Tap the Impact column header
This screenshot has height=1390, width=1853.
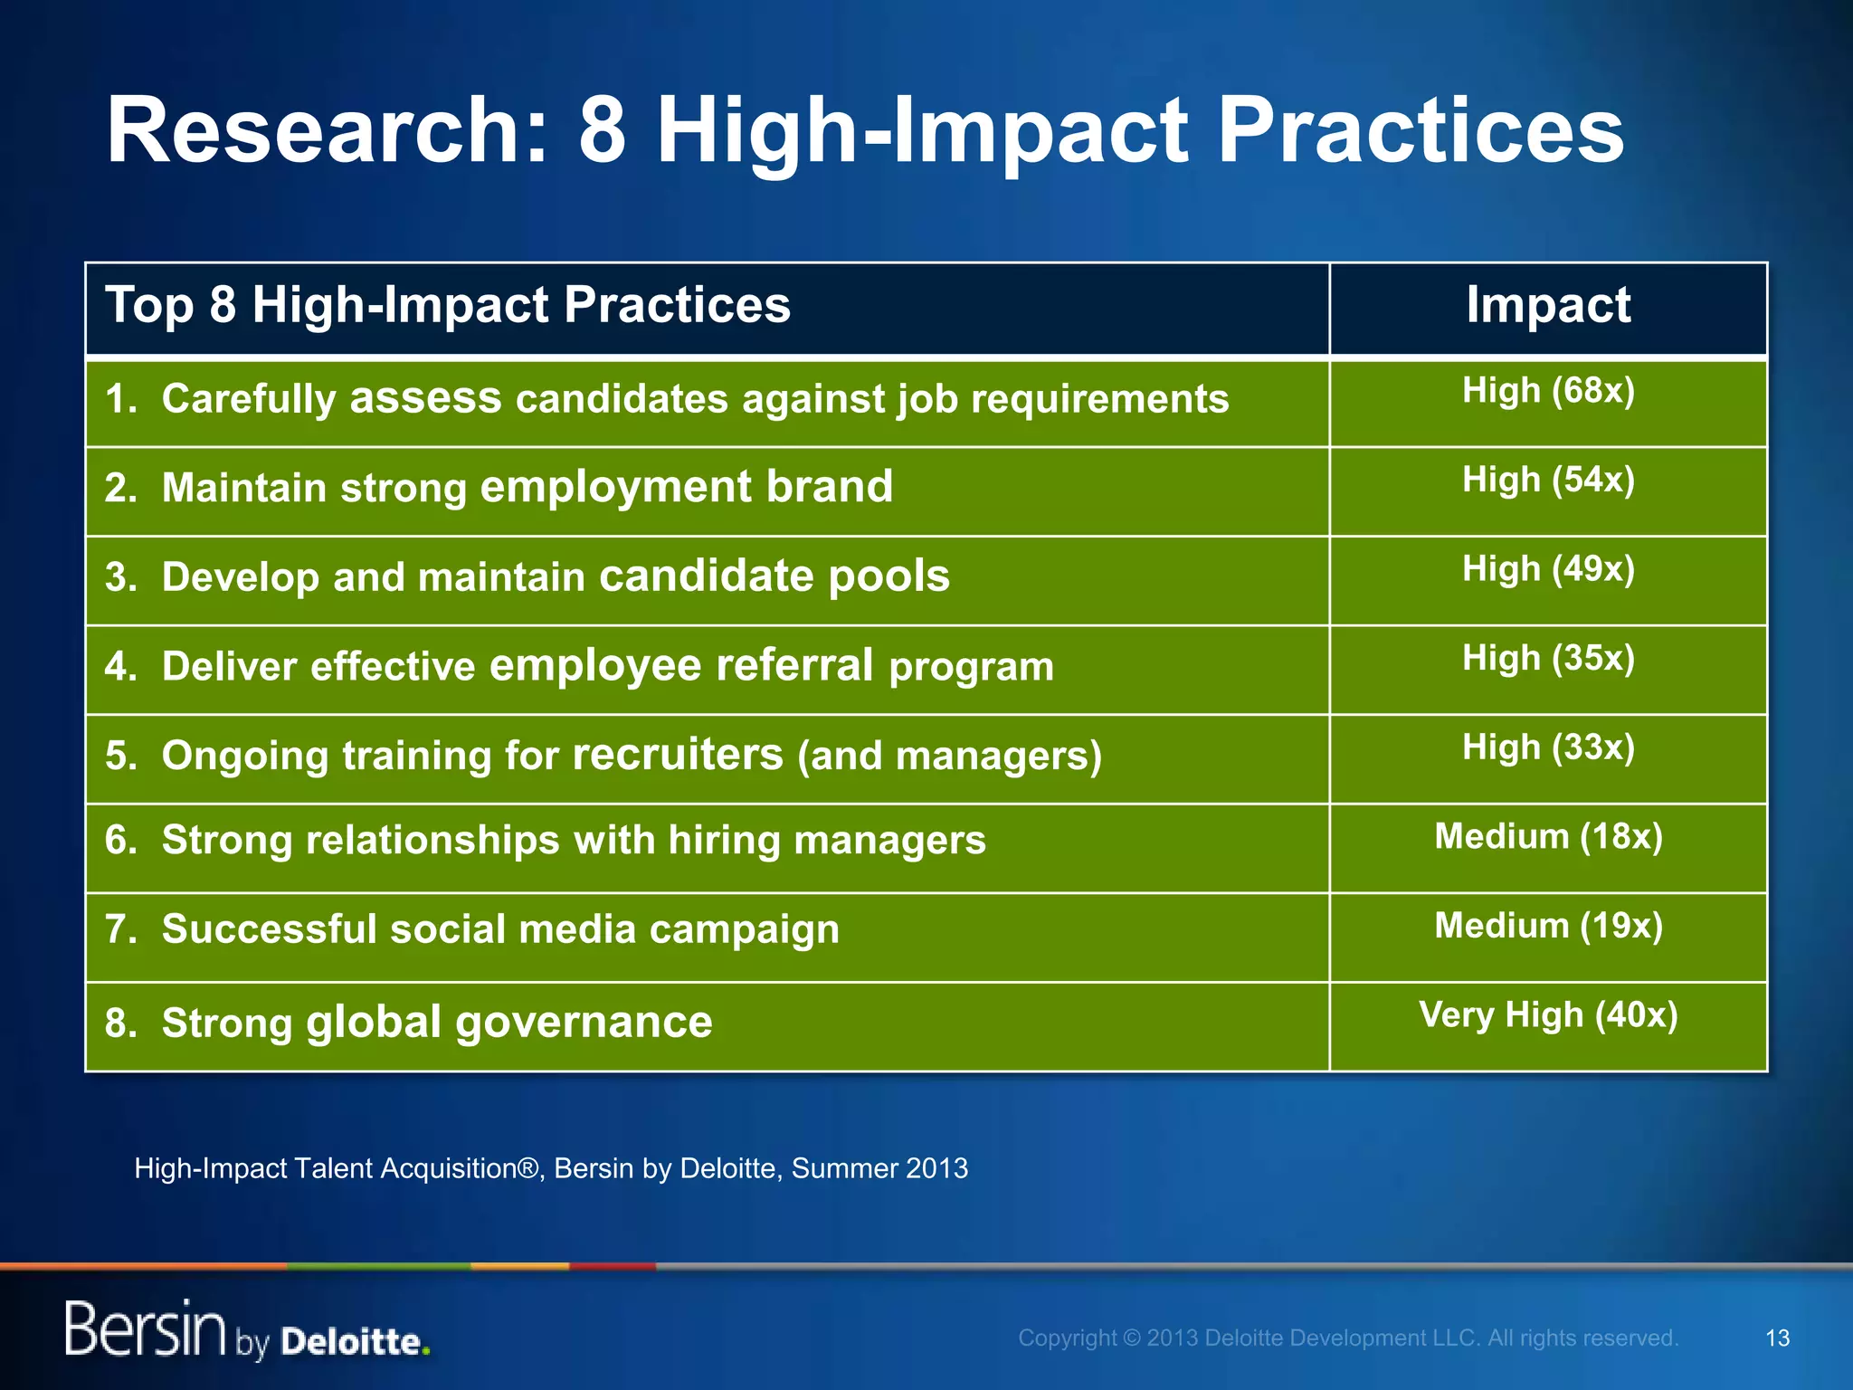1548,305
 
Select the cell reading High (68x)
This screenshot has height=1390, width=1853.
1548,391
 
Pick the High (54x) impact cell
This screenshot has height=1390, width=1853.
1548,480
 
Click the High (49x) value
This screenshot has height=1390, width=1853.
1548,569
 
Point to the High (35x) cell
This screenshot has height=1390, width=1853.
1548,658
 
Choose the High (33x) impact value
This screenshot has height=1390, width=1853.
1548,747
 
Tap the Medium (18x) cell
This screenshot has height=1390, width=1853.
1548,836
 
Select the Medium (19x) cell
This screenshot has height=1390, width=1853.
1548,926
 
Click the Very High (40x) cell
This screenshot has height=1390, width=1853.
1548,1014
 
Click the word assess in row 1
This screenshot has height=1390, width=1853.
425,398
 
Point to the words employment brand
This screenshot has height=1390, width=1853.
686,487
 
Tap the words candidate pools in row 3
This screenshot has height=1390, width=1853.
774,576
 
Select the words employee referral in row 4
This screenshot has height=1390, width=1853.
681,665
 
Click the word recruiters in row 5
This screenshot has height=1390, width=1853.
678,755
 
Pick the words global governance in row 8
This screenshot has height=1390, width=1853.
509,1023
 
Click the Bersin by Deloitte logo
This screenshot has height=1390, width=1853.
246,1330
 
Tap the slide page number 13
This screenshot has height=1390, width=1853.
1777,1338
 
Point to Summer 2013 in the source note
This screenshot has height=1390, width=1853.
879,1168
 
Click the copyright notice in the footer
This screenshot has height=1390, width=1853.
1348,1338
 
